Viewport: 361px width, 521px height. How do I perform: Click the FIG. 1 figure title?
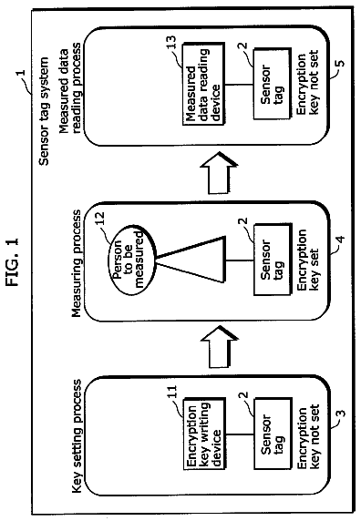pyautogui.click(x=13, y=261)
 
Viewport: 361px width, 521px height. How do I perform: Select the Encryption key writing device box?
pyautogui.click(x=205, y=434)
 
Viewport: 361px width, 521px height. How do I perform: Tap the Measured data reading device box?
pyautogui.click(x=204, y=84)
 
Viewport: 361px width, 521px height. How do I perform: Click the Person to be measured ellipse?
pyautogui.click(x=132, y=260)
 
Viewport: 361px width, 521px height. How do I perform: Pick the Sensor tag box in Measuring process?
pyautogui.click(x=273, y=260)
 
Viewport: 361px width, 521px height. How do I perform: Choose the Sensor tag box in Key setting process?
pyautogui.click(x=273, y=434)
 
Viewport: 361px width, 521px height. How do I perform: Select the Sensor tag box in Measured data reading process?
pyautogui.click(x=273, y=84)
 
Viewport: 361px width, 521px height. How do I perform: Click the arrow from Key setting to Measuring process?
pyautogui.click(x=219, y=347)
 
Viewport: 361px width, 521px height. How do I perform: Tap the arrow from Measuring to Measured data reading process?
pyautogui.click(x=219, y=173)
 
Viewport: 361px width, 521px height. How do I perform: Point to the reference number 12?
pyautogui.click(x=99, y=219)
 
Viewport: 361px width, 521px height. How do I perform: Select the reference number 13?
pyautogui.click(x=172, y=42)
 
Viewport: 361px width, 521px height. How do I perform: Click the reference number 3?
pyautogui.click(x=341, y=414)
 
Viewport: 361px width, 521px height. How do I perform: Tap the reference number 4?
pyautogui.click(x=341, y=239)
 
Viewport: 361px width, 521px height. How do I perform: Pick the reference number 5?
pyautogui.click(x=341, y=64)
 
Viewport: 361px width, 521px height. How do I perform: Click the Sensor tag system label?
pyautogui.click(x=44, y=111)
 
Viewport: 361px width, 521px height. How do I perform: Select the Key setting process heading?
pyautogui.click(x=77, y=436)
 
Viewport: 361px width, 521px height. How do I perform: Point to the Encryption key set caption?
pyautogui.click(x=307, y=260)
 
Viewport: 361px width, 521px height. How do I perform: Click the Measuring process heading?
pyautogui.click(x=77, y=263)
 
